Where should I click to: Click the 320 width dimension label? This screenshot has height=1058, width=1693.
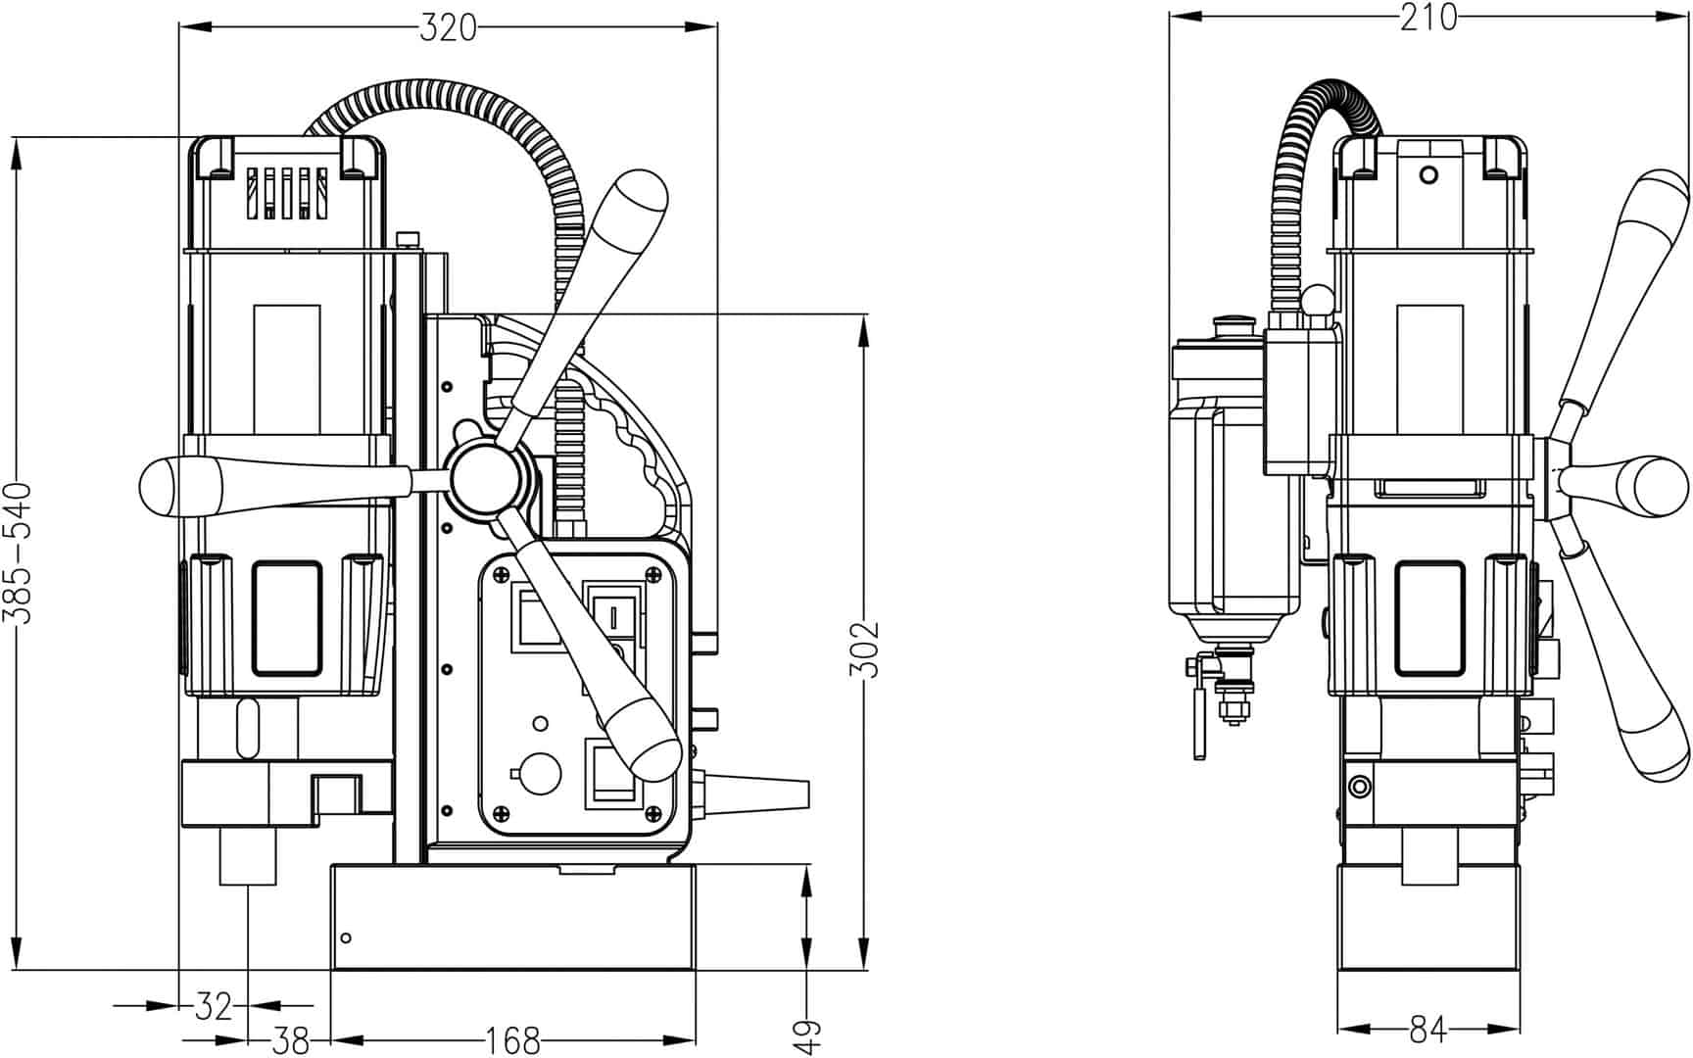coord(448,28)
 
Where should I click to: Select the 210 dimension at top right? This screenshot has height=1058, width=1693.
coord(1428,17)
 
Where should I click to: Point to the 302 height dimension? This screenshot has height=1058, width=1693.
coord(865,649)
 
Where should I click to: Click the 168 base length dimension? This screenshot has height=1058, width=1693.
coord(512,1040)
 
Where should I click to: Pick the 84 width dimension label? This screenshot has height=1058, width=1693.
coord(1428,1029)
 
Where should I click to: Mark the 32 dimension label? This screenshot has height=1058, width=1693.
coord(213,1006)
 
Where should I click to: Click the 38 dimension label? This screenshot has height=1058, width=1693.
coord(290,1040)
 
